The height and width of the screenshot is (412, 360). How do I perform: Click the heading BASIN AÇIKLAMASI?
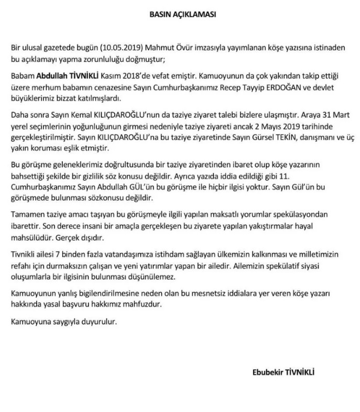click(179, 15)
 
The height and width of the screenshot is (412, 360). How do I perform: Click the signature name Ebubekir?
click(268, 373)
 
